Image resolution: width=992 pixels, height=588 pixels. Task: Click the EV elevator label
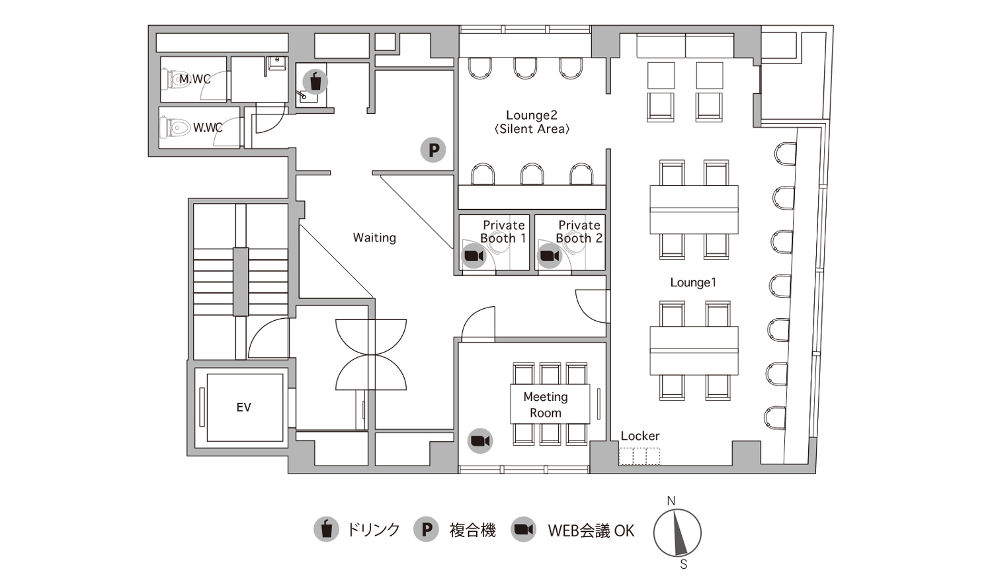tap(243, 407)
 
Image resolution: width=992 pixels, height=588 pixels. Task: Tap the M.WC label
tap(195, 79)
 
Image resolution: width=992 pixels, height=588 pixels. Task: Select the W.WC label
tap(208, 128)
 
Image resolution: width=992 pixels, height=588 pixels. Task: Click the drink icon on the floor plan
tap(315, 81)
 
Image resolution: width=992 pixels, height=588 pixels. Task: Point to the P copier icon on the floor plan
tap(433, 149)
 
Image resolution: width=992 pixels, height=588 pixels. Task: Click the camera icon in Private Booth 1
tap(474, 256)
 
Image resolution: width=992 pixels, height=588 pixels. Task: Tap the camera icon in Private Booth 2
tap(550, 256)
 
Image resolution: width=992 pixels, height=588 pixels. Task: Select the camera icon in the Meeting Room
tap(480, 441)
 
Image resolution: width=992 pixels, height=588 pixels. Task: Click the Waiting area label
tap(375, 237)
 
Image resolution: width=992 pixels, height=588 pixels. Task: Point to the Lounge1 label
tap(693, 282)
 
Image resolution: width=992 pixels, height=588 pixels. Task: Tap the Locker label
tap(640, 436)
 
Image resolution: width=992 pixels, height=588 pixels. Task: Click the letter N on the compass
tap(671, 501)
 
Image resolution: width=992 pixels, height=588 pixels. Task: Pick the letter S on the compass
tap(684, 565)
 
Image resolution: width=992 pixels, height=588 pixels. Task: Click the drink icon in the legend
tap(327, 529)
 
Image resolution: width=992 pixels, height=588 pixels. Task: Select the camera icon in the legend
tap(524, 529)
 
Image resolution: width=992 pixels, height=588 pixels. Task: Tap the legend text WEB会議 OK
tap(591, 530)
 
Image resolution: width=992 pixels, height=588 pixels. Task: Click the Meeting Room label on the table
tap(546, 405)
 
